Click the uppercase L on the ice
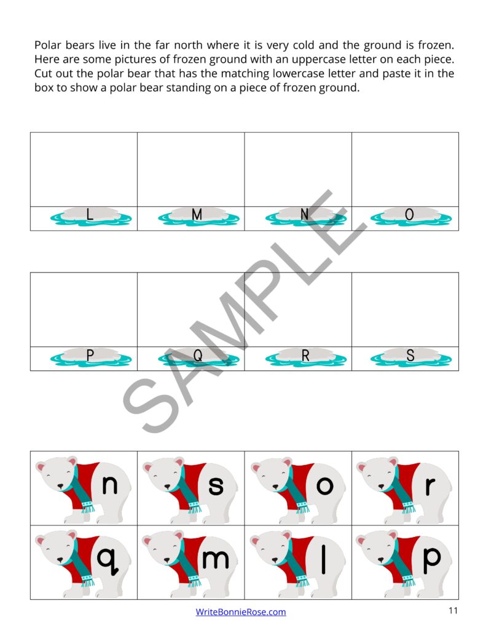click(90, 215)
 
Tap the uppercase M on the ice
click(197, 215)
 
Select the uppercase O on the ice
click(410, 215)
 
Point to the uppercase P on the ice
click(90, 355)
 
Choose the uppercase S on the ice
click(410, 355)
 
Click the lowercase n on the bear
click(109, 485)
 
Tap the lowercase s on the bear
click(216, 486)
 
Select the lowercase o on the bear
click(324, 486)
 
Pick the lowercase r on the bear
click(430, 486)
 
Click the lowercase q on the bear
click(107, 560)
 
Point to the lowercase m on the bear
click(215, 559)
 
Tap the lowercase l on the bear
click(324, 557)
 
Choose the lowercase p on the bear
click(432, 560)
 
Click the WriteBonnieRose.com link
click(241, 612)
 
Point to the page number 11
click(453, 610)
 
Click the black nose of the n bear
click(60, 486)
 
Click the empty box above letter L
click(84, 169)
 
